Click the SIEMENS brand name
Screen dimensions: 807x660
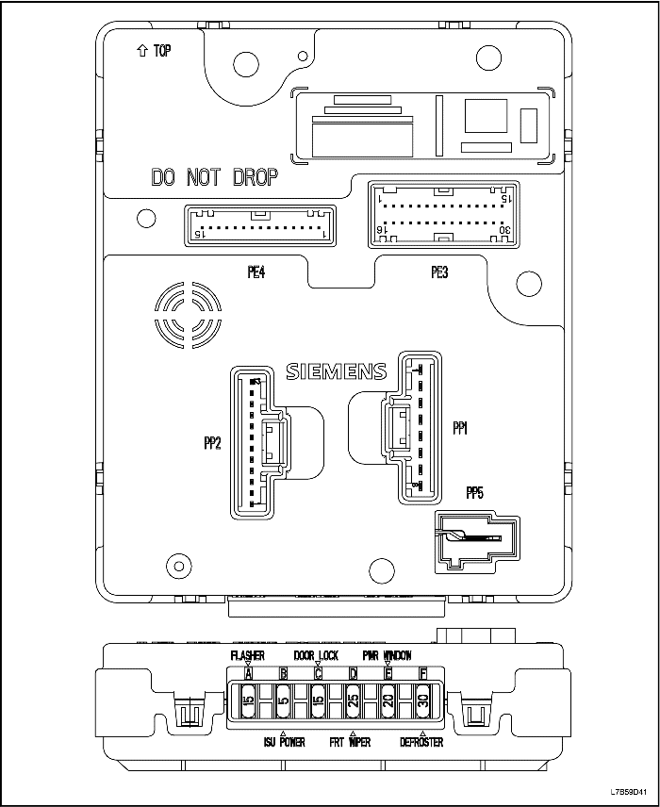pyautogui.click(x=336, y=371)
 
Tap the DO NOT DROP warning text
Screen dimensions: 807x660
pyautogui.click(x=215, y=177)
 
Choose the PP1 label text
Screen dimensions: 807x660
pyautogui.click(x=461, y=428)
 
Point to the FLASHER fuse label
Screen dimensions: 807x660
pyautogui.click(x=248, y=654)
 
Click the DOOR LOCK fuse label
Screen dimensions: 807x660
pyautogui.click(x=316, y=654)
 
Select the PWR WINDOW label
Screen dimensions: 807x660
pyautogui.click(x=387, y=654)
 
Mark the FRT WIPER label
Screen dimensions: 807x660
pyautogui.click(x=350, y=742)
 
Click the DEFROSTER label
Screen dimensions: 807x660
pyautogui.click(x=421, y=742)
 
